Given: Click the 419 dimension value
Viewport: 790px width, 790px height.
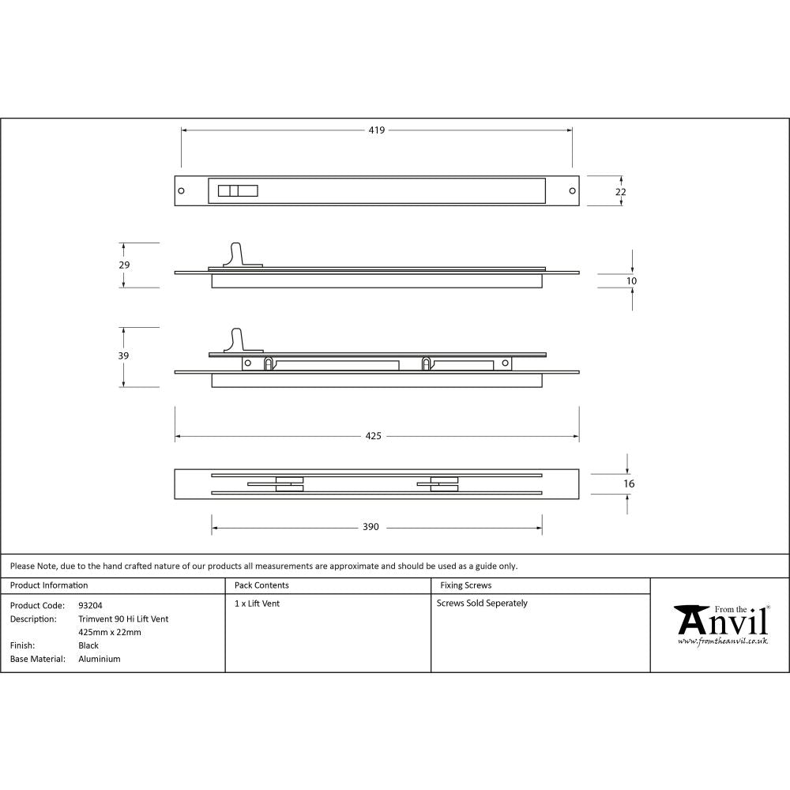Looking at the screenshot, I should tap(376, 130).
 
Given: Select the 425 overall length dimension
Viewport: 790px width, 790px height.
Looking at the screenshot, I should tap(374, 436).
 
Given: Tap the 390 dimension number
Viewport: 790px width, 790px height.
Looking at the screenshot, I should tap(371, 527).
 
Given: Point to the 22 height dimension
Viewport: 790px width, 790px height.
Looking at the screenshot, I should tap(621, 192).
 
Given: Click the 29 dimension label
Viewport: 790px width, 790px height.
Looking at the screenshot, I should tap(124, 265).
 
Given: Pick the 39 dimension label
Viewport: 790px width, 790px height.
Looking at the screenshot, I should tap(124, 356).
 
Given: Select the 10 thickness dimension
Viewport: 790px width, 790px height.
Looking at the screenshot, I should tap(632, 281).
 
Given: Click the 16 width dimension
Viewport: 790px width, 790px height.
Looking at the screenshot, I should tap(629, 483).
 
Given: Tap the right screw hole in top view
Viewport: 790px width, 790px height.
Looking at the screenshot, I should tap(572, 191).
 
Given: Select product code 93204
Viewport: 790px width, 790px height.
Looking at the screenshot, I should tap(90, 606).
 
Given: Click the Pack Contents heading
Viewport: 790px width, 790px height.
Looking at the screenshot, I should tap(261, 585).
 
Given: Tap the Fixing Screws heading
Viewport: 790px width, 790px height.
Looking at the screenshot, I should tap(465, 585).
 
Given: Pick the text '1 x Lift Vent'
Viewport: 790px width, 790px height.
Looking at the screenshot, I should tap(257, 604).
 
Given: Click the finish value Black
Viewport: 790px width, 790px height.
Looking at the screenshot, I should tap(88, 645).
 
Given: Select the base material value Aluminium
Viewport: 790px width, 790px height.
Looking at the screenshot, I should tap(100, 659).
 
